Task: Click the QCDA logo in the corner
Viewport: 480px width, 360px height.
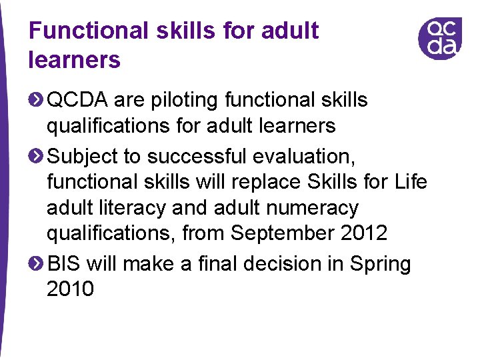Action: (x=439, y=38)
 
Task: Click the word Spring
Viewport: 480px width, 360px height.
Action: (x=381, y=265)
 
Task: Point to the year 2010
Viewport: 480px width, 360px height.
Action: (x=71, y=290)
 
